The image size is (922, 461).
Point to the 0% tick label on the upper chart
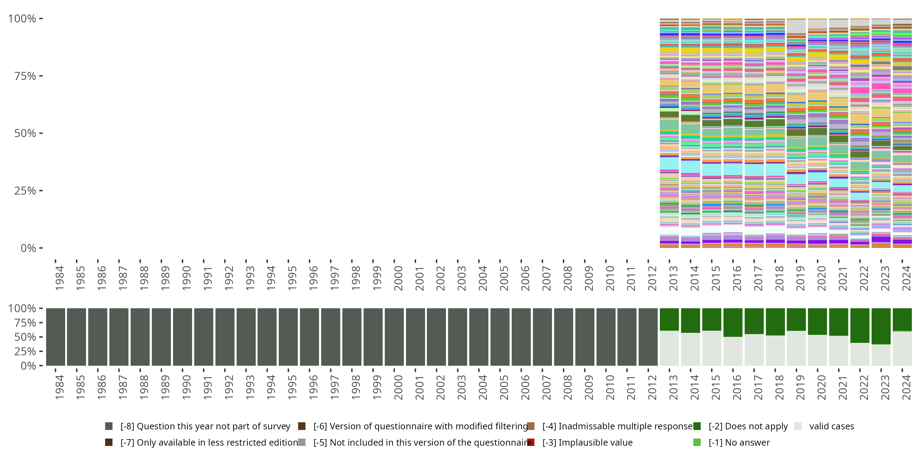click(x=28, y=248)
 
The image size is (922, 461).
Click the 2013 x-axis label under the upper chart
click(x=673, y=278)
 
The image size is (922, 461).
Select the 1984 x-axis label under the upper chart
click(x=59, y=278)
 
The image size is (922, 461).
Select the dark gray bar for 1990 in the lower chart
click(x=182, y=337)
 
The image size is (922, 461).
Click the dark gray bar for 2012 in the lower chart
click(x=648, y=337)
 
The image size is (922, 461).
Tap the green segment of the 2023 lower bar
click(x=881, y=326)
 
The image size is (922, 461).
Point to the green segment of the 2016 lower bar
click(x=733, y=322)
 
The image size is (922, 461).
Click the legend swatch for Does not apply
click(x=697, y=426)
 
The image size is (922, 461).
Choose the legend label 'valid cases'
click(x=831, y=426)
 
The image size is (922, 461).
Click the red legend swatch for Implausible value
click(x=531, y=442)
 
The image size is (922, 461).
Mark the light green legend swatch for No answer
click(x=697, y=442)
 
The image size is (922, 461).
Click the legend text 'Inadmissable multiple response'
click(x=617, y=426)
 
